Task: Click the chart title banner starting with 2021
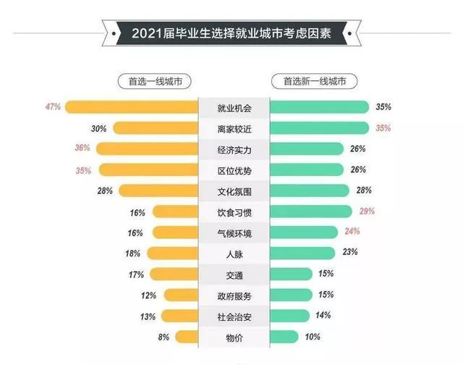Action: tap(231, 33)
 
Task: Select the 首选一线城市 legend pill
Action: tap(154, 82)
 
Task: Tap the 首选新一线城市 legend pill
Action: tap(310, 82)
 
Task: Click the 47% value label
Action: tap(53, 107)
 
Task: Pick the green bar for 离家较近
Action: tap(318, 128)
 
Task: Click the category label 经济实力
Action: tap(234, 149)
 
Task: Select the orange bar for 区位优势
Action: tap(148, 170)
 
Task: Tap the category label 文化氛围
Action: tap(234, 191)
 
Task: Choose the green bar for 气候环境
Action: tap(304, 232)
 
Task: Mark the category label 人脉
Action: tap(234, 253)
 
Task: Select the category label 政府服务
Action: tap(234, 295)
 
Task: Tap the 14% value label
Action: tap(323, 316)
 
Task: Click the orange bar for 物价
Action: tap(187, 337)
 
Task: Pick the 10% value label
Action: tap(313, 337)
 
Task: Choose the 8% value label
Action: tap(163, 337)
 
